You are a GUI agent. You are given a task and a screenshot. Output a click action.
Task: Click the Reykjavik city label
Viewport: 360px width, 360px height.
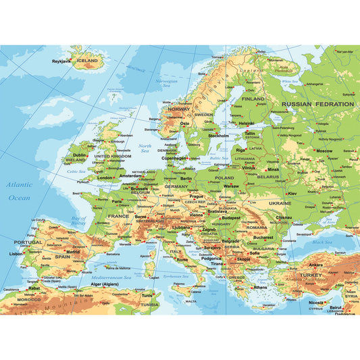click(x=61, y=61)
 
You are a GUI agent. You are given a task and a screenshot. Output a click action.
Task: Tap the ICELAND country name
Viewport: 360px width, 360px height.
click(x=87, y=61)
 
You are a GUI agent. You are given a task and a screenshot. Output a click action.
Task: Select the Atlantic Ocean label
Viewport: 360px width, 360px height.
click(x=19, y=191)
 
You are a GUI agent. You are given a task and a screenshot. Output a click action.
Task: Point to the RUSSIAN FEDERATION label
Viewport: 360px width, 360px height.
click(x=317, y=104)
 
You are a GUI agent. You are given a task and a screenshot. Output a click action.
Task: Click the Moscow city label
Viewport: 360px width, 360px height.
click(x=324, y=151)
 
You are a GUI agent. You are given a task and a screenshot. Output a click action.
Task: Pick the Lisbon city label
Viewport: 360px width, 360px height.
click(x=16, y=253)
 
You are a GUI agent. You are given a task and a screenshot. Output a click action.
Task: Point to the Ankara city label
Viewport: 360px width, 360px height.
click(x=315, y=265)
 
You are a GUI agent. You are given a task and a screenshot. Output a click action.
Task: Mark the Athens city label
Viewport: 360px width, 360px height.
click(x=260, y=287)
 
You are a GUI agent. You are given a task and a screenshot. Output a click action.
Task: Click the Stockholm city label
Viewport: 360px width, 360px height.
click(x=218, y=136)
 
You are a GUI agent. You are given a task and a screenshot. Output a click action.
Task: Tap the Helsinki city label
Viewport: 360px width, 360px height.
click(x=247, y=123)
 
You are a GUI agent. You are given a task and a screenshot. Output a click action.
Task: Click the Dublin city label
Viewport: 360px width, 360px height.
click(x=80, y=155)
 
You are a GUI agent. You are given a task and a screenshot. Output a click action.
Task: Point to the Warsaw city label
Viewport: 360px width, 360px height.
click(x=231, y=185)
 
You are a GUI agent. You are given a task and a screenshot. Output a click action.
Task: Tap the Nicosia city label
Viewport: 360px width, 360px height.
click(x=316, y=302)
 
